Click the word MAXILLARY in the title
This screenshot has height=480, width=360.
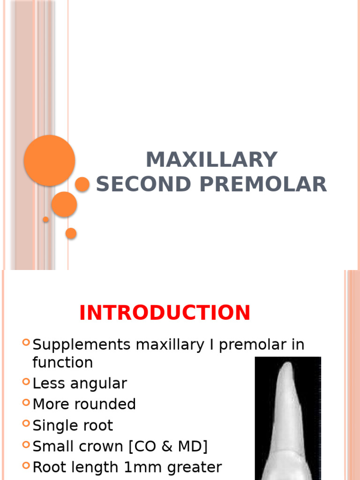211,160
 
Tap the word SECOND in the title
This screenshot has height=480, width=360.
143,184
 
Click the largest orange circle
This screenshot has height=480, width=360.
49,160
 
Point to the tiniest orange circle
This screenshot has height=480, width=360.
46,219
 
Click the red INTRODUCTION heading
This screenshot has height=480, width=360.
165,313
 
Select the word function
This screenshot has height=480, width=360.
62,362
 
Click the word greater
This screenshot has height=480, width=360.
192,467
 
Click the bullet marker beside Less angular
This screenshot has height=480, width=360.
26,382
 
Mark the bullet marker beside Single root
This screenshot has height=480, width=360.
26,424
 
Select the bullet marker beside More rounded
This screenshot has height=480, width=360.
26,403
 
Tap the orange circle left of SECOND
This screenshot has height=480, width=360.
82,184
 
